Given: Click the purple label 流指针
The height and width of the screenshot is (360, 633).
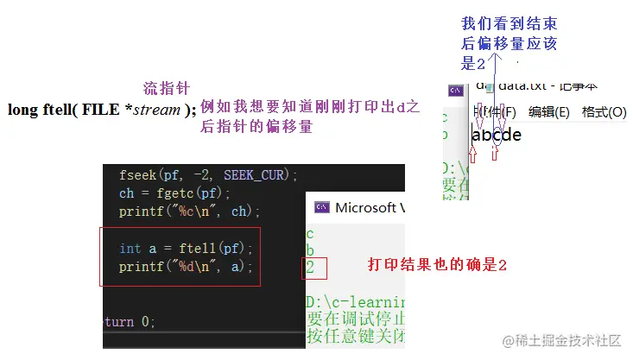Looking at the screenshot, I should click(x=166, y=88).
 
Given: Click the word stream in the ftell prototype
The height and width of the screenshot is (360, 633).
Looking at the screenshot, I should click(x=155, y=110).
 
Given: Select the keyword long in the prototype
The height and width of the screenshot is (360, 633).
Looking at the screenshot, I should click(x=22, y=110).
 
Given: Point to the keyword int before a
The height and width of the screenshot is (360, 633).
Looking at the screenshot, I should click(x=130, y=249).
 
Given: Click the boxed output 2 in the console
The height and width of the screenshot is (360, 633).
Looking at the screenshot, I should click(x=311, y=268).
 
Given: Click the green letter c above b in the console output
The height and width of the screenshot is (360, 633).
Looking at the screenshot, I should click(x=310, y=233).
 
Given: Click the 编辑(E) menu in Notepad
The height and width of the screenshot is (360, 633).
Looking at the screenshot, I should click(x=549, y=111).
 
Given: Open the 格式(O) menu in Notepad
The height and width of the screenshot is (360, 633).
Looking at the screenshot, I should click(x=604, y=111).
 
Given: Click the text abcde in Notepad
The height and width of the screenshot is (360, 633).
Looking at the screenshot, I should click(x=497, y=135).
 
